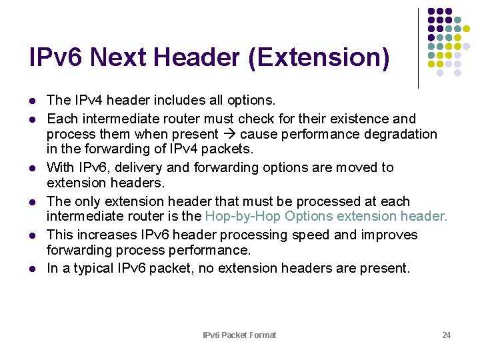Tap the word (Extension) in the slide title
(x=318, y=58)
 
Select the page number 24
(x=446, y=335)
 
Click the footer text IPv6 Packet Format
(x=239, y=335)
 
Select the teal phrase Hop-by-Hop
(x=243, y=216)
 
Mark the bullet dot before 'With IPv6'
(x=32, y=168)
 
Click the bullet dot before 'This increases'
(x=32, y=235)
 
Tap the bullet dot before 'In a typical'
(x=32, y=269)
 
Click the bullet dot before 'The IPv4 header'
(x=32, y=101)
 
